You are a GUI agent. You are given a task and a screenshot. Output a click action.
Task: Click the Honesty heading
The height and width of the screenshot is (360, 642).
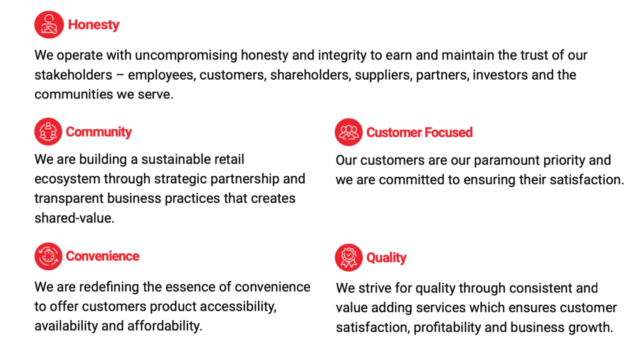point(93,25)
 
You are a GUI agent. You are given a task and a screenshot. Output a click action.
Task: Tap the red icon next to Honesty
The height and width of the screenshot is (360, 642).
point(49,24)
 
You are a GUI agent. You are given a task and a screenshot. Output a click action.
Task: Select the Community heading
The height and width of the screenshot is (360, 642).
point(98,132)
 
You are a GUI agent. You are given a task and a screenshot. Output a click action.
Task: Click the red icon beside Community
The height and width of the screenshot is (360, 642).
point(48,132)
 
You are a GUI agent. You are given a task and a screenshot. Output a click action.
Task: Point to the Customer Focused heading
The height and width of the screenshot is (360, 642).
point(419,132)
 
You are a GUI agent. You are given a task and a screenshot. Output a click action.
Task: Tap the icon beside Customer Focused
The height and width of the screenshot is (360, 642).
point(349,132)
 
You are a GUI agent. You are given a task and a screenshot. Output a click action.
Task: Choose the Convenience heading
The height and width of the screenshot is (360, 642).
point(102,256)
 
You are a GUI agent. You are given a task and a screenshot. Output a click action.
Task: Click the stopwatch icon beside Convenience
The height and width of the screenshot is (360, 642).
point(48,257)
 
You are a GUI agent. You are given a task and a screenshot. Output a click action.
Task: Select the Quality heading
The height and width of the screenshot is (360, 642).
point(386,258)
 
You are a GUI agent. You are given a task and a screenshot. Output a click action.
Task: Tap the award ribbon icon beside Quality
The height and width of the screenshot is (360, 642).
point(349,258)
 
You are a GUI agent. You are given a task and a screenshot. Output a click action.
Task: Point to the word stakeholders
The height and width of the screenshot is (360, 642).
point(73,75)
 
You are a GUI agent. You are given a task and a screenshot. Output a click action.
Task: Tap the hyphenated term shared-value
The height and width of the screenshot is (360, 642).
point(74,218)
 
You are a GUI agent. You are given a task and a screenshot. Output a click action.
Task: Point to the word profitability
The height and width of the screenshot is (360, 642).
point(446,327)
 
